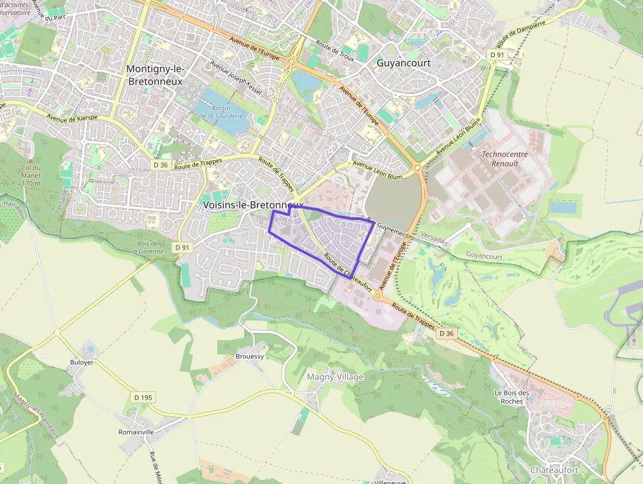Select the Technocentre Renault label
505,159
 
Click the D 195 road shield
143,397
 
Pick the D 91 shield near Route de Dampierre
497,55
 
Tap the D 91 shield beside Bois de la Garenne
182,247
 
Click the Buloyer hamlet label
81,362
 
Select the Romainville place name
136,432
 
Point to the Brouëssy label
249,356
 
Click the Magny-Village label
335,377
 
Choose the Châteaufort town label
554,470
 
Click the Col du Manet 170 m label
30,175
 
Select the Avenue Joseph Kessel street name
236,78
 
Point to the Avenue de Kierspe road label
72,117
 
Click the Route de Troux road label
335,54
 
